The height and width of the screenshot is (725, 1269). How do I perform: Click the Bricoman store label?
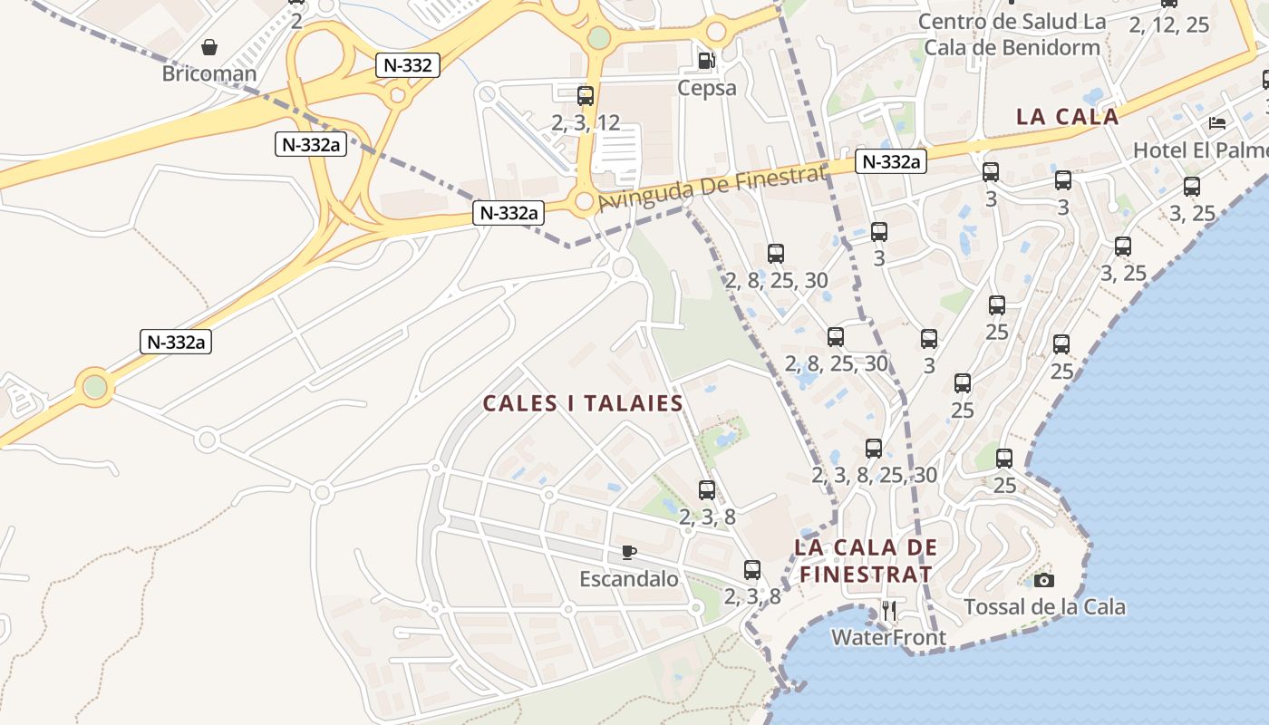(x=208, y=73)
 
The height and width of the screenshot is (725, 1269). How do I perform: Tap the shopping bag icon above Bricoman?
(x=209, y=47)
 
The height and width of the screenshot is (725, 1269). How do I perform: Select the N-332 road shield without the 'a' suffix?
(x=408, y=65)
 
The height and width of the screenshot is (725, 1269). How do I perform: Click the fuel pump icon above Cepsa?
(x=706, y=61)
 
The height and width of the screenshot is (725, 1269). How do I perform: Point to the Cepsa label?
(x=707, y=88)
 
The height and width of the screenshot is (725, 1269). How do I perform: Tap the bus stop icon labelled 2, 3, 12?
(x=586, y=95)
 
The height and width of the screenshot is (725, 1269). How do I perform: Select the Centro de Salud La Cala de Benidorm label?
(x=1012, y=34)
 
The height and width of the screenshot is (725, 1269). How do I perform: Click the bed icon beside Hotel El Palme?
(x=1217, y=123)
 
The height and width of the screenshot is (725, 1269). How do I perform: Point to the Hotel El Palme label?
(x=1200, y=150)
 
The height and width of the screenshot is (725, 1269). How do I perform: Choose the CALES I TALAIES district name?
(x=583, y=404)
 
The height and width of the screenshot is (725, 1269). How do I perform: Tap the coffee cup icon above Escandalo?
(x=629, y=552)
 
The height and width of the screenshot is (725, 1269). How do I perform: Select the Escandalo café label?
(x=629, y=579)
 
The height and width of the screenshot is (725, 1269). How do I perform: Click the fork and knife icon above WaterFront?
(x=889, y=610)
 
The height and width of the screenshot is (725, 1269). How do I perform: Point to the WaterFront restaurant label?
(x=888, y=637)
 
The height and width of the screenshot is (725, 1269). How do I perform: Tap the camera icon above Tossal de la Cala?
(x=1044, y=580)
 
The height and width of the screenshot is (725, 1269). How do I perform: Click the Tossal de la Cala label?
(x=1044, y=607)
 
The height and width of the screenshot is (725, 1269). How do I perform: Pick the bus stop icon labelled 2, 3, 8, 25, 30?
(x=874, y=449)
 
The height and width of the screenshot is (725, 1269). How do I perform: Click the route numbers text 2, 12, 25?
(x=1169, y=25)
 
